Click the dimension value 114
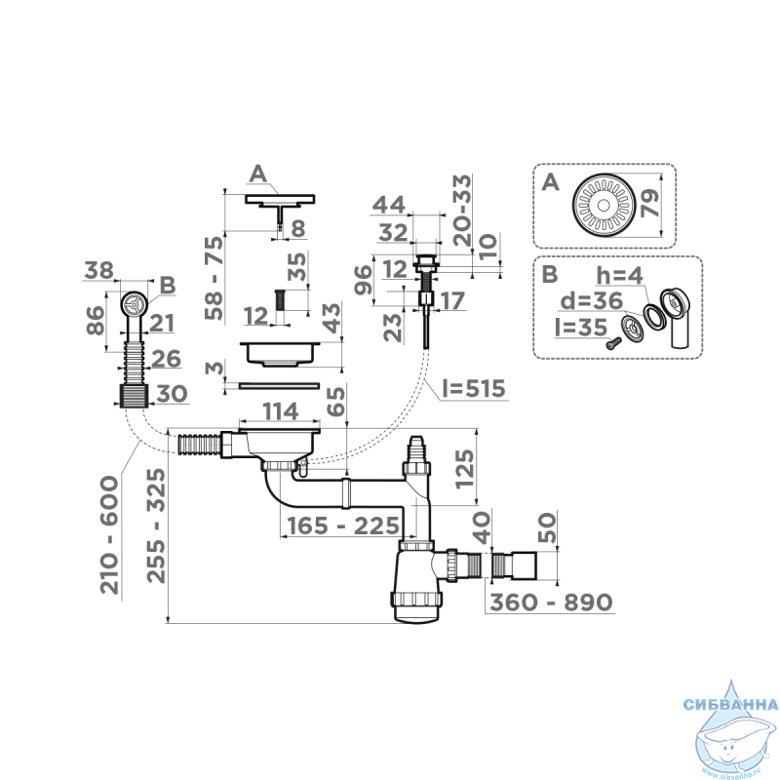[x=281, y=411]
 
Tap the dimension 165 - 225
[x=343, y=526]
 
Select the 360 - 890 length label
[x=551, y=602]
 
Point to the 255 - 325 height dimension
[x=156, y=526]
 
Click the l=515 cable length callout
[x=474, y=388]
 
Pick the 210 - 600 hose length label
[x=109, y=535]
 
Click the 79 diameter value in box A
[x=649, y=203]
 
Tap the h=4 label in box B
[x=619, y=275]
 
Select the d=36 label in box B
[x=592, y=301]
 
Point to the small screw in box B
[x=614, y=343]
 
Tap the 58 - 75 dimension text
[x=214, y=279]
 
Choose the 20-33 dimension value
[x=462, y=211]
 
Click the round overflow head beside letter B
[x=134, y=303]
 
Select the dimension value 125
[x=464, y=469]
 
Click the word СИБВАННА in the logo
[x=730, y=704]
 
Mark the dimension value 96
[x=363, y=280]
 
